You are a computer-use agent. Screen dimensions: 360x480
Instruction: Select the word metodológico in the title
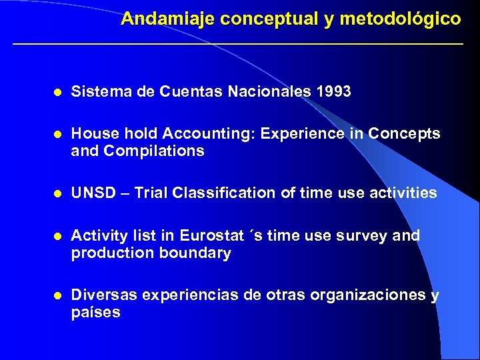(400, 19)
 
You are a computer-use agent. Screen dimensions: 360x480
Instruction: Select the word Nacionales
(269, 91)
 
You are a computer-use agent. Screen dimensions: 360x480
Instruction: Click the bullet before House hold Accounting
(58, 134)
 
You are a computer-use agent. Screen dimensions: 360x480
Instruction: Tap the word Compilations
(154, 151)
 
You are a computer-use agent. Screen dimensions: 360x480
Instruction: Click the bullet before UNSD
(58, 194)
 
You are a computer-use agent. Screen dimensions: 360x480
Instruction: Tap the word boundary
(198, 253)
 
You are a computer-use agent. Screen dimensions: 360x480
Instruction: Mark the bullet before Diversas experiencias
(58, 295)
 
